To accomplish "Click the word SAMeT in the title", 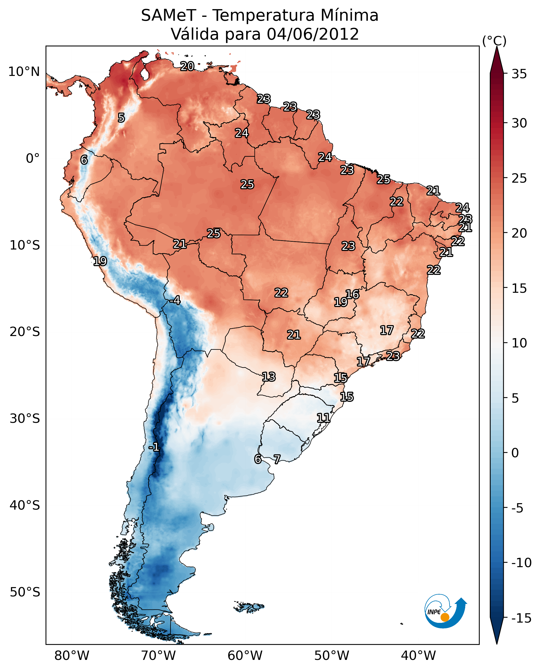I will [168, 16].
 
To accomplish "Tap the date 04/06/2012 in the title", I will [313, 34].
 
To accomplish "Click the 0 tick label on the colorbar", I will [515, 453].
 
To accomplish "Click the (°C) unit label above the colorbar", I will [494, 41].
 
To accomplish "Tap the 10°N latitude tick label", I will [24, 72].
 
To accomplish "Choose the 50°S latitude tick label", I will [25, 592].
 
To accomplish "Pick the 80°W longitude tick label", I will [72, 656].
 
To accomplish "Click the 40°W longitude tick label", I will [418, 656].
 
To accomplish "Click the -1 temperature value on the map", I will [154, 447].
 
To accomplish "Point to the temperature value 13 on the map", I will [268, 377].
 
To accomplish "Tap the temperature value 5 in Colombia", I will [121, 118].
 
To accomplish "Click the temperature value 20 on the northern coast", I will [187, 66].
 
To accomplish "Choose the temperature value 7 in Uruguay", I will [277, 459].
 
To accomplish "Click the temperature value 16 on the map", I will [352, 294].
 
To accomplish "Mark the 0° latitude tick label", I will [33, 159].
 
